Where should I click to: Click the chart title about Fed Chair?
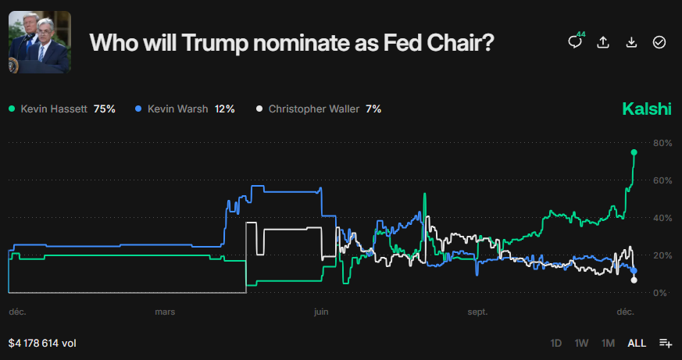[x=291, y=42]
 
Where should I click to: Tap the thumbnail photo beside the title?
[x=40, y=42]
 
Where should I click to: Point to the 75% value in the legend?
[x=105, y=109]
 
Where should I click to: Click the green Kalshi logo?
[x=646, y=109]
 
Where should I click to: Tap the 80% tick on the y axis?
[x=662, y=143]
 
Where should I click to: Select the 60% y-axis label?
[x=662, y=180]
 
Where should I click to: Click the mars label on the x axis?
[x=165, y=312]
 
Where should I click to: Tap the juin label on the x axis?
[x=320, y=312]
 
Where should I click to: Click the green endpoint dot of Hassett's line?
[x=634, y=152]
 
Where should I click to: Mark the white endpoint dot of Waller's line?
[x=634, y=280]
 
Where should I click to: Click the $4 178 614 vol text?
[x=42, y=343]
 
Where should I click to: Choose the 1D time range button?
[x=556, y=343]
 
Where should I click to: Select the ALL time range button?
[x=637, y=343]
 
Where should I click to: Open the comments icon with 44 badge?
[x=575, y=42]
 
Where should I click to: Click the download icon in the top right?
[x=631, y=42]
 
